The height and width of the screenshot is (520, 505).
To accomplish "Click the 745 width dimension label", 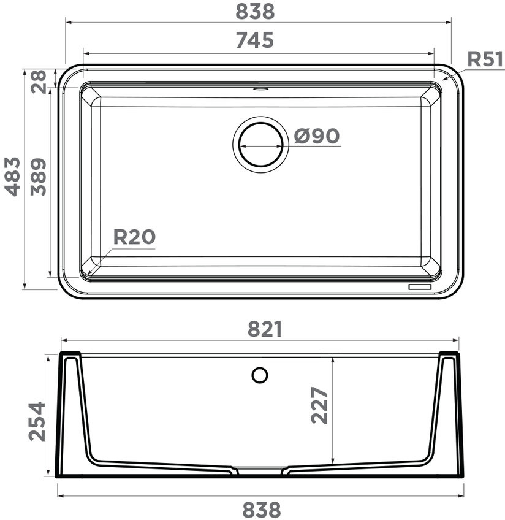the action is pos(255,40).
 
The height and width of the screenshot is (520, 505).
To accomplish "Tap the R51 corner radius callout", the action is pos(485,59).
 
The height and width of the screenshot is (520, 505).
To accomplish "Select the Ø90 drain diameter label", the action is pos(317,136).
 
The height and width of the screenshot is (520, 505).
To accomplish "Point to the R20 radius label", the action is pos(134,237).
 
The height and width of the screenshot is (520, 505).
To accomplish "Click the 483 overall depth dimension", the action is pos(12,177).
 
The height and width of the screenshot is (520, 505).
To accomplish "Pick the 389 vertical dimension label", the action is pos(38,177).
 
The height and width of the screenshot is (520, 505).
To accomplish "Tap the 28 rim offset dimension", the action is pos(38,81).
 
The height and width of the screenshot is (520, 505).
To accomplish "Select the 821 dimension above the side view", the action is pos(265,329).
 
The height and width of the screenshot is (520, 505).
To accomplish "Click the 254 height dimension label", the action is pos(37,421).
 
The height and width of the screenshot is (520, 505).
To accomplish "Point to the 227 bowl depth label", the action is pos(319,405).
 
